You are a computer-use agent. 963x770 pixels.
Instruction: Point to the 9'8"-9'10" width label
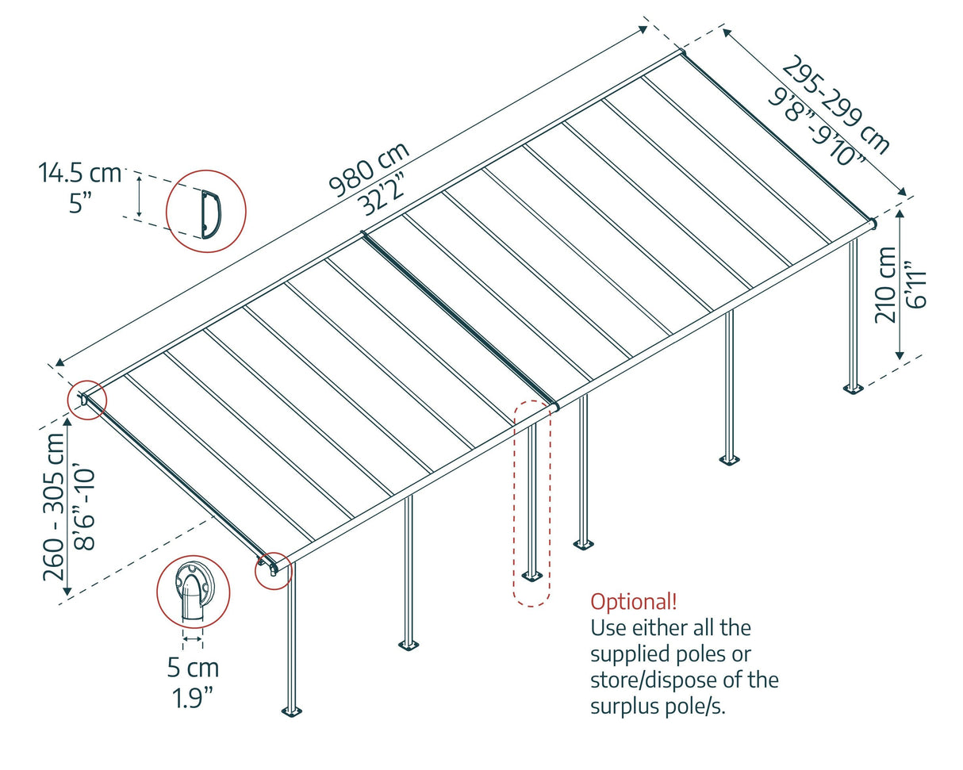tap(817, 125)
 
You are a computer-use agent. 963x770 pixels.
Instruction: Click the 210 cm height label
tap(886, 284)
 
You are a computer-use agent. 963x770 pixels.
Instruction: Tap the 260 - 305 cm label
tap(55, 507)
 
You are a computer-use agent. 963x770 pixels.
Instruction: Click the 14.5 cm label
tap(79, 173)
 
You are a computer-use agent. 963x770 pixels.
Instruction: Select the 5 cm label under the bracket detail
tap(193, 668)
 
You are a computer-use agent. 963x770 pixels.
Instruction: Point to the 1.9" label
tap(193, 698)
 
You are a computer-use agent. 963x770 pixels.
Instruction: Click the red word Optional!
tap(634, 601)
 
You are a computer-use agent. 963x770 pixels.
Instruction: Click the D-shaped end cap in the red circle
tap(210, 213)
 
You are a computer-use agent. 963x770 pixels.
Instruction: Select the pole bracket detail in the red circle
tap(193, 592)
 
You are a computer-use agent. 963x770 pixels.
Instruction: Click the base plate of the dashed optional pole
tap(531, 575)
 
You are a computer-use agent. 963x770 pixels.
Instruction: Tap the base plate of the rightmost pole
tap(853, 389)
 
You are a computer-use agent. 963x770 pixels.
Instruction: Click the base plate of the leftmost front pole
tap(292, 711)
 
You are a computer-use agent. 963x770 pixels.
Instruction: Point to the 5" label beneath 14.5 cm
tap(80, 203)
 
